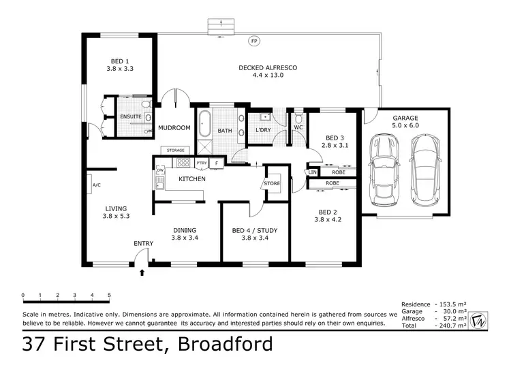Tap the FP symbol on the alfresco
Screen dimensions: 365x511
click(x=254, y=42)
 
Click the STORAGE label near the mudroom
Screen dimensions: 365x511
click(x=172, y=150)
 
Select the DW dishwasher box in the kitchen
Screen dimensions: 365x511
click(x=160, y=170)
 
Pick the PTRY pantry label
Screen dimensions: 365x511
click(x=201, y=163)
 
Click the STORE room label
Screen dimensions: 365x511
click(x=272, y=182)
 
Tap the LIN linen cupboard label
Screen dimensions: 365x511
click(x=313, y=172)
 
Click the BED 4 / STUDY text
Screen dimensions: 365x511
click(x=254, y=231)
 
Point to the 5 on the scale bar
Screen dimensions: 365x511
click(x=110, y=296)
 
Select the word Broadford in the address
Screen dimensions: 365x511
click(x=225, y=344)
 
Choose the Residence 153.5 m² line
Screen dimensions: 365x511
click(x=433, y=304)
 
